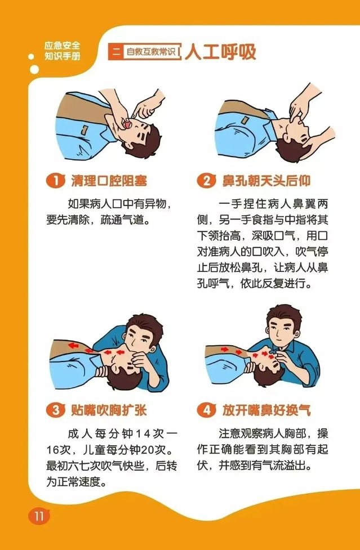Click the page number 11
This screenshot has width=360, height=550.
tap(39, 516)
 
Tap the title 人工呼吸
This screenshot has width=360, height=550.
tap(220, 52)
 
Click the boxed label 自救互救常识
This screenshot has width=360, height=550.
tap(151, 52)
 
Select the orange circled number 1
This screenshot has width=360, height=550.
tap(55, 181)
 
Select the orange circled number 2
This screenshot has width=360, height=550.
tap(206, 181)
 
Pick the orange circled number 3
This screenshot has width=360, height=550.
tap(55, 410)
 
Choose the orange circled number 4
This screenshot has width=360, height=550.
tap(206, 410)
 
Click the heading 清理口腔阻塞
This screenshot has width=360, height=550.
tap(109, 181)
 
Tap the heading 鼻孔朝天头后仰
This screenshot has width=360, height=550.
tap(266, 181)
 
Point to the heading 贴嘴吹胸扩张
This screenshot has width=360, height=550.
tap(109, 410)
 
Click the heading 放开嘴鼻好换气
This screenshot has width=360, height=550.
tap(266, 410)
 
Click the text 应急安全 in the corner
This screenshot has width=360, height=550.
tap(63, 45)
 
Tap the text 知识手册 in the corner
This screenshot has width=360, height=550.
tap(63, 55)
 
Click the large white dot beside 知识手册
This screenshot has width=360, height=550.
tap(34, 69)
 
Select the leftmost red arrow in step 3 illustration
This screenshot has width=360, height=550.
tap(73, 346)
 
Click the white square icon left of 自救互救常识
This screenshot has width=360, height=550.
tap(115, 52)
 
